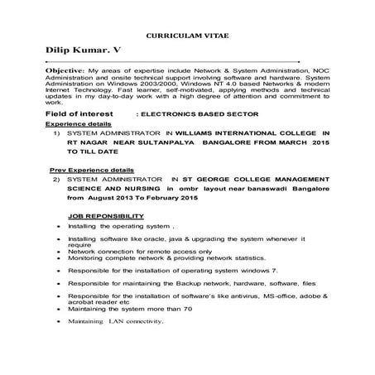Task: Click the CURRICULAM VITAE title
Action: coord(187,39)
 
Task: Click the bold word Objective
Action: coord(65,71)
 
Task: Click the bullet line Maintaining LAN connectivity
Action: coord(115,320)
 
